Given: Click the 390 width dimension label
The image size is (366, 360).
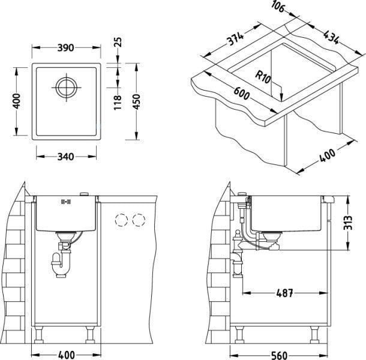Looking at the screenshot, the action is [x=65, y=48].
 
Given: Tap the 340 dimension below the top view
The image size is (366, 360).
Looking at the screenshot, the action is [x=65, y=157].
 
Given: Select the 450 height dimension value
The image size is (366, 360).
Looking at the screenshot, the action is [x=137, y=101].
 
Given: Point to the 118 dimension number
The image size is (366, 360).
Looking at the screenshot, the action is [x=118, y=103].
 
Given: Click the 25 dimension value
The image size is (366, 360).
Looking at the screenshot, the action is [x=118, y=42].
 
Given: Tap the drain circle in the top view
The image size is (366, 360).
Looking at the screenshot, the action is [x=66, y=88].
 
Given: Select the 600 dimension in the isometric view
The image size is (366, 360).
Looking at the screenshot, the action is [x=242, y=94].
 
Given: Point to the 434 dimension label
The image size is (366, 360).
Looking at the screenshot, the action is [x=331, y=37].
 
